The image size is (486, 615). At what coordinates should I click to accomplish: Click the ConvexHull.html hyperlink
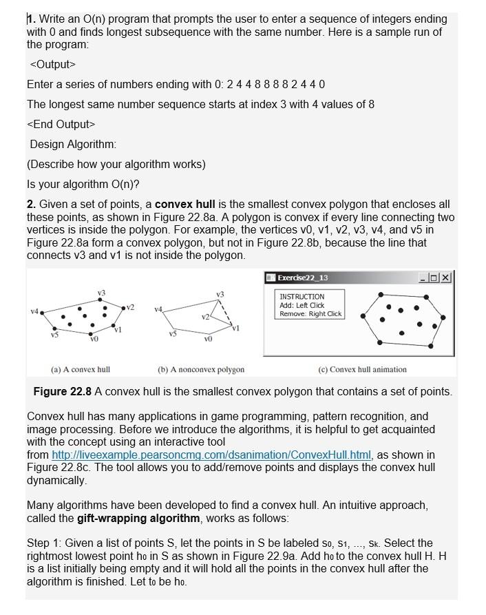pos(211,455)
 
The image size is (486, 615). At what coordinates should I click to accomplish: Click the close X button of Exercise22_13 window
pos(446,278)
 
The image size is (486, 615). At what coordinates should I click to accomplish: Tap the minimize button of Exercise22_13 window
pos(424,278)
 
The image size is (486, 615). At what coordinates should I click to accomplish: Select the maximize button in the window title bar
pos(435,278)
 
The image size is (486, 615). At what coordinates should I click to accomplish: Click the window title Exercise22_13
pos(302,278)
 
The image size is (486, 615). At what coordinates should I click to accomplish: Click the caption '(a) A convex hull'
pos(81,370)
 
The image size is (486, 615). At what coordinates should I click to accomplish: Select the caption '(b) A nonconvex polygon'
pos(201,370)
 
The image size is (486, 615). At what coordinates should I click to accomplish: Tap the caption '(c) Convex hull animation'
pos(362,370)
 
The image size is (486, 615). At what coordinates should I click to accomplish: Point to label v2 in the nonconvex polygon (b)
pos(206,317)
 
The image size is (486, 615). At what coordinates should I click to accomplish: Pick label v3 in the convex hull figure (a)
pos(101,293)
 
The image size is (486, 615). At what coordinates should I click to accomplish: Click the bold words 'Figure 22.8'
pos(62,392)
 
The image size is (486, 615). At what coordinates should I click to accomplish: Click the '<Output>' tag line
pos(53,64)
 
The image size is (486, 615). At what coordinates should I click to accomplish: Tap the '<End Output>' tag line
pos(61,125)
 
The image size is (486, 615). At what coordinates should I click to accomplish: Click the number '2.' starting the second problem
pos(32,205)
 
